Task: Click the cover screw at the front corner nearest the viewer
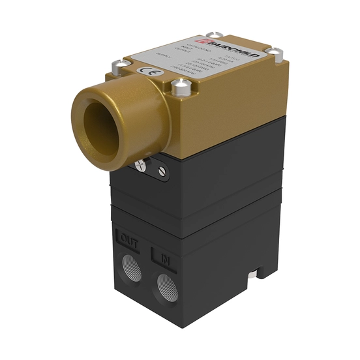(x=180, y=84)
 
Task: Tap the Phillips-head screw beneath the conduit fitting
(x=141, y=166)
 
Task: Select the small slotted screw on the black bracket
(x=160, y=172)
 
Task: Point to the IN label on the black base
(x=164, y=257)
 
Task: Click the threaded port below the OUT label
(x=129, y=267)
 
